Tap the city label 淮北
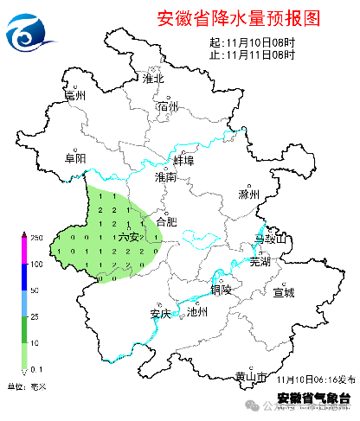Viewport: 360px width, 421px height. click(153, 79)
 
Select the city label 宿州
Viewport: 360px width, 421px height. click(168, 106)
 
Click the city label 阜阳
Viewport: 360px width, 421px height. click(75, 158)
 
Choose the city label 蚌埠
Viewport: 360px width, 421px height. click(183, 161)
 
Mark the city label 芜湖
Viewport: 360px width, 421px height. click(260, 260)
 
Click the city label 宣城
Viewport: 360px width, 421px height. click(284, 292)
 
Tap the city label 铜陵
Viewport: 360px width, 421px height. click(221, 290)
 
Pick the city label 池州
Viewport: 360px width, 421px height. click(197, 313)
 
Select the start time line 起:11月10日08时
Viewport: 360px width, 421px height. click(252, 41)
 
